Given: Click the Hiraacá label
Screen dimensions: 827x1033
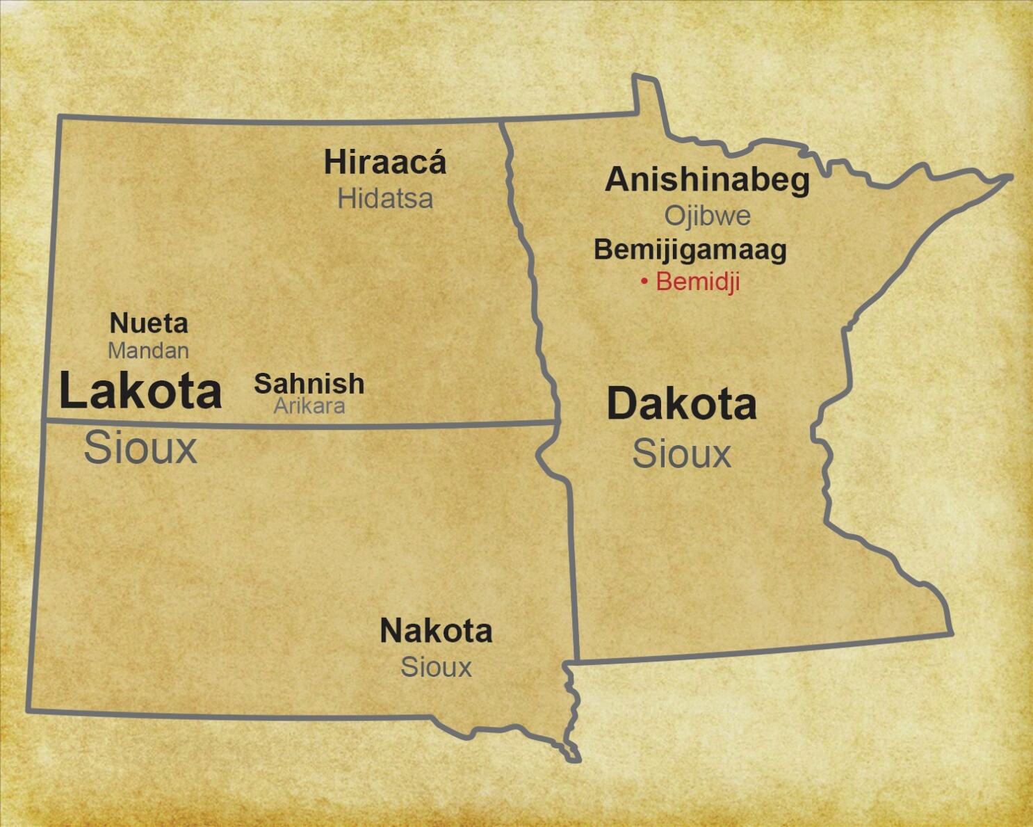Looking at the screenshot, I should point(385,163).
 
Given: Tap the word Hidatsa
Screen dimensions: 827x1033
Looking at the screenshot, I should point(385,199).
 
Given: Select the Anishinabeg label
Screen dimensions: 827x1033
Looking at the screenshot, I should point(707,180).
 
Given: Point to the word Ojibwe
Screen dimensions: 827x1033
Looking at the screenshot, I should point(707,216).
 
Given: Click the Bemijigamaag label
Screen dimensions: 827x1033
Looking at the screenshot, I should point(690,250).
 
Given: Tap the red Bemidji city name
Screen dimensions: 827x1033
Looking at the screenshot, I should point(697,282).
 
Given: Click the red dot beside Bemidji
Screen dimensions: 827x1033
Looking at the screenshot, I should point(644,282).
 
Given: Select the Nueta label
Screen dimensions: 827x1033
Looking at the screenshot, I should point(149,323).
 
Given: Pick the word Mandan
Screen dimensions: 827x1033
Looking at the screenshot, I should point(148,351).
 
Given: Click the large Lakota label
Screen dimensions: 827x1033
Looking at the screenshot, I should point(140,391).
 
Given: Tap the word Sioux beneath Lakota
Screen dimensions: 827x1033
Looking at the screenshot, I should point(140,448).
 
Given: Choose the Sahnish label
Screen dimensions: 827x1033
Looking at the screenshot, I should point(309,384).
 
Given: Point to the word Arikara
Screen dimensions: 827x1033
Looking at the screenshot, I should point(309,406).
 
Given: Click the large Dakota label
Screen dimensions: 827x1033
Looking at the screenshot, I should point(681,404).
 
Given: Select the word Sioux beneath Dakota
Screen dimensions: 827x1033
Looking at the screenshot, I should point(681,454).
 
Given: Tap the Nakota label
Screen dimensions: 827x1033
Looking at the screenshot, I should point(436,632).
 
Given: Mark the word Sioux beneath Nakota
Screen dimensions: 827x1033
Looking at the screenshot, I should point(436,668).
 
